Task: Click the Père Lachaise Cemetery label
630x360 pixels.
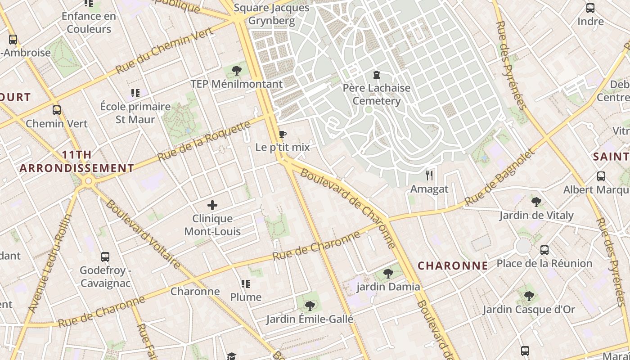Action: tap(377, 94)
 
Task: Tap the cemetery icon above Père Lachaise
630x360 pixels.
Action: tap(376, 75)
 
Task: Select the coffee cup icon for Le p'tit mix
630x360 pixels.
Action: tap(282, 134)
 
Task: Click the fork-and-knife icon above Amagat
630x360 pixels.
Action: tap(429, 175)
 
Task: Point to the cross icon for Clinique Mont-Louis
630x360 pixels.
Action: tap(212, 206)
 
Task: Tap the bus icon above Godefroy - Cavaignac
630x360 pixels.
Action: tap(105, 257)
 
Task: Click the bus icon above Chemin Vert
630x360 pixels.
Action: tap(57, 110)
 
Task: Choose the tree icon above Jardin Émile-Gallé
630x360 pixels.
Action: tap(309, 306)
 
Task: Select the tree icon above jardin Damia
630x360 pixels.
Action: tap(388, 273)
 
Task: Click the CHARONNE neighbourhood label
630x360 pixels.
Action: tap(453, 265)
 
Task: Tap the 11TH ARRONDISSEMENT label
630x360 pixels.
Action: tap(77, 162)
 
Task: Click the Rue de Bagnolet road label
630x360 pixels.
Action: tap(500, 177)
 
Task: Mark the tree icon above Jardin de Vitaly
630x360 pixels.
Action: tap(536, 202)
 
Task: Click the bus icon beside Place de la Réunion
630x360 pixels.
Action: tap(544, 250)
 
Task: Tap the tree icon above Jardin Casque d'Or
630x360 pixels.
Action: tap(529, 296)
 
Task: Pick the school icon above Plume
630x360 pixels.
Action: tap(245, 283)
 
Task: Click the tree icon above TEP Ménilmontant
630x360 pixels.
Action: tap(236, 70)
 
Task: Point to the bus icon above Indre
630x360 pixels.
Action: tap(590, 8)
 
